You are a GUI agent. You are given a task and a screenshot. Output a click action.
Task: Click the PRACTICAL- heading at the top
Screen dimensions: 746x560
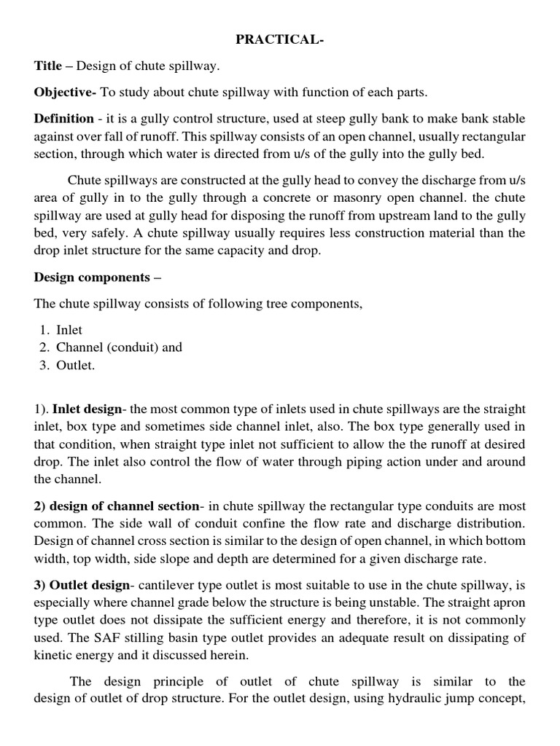point(280,40)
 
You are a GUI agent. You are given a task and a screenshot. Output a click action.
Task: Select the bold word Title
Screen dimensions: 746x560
point(48,66)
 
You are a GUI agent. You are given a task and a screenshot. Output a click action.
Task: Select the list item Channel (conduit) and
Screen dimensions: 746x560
point(119,348)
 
